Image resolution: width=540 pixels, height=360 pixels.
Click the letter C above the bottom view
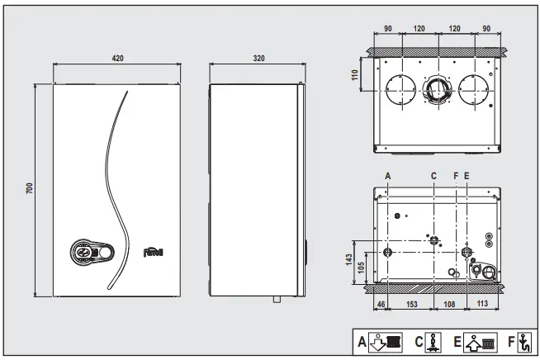click(x=434, y=175)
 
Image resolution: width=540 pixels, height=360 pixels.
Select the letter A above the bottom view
click(x=388, y=175)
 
